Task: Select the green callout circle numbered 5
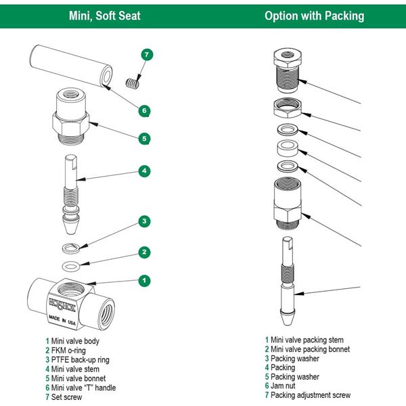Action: (x=143, y=139)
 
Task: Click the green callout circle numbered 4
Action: (x=143, y=171)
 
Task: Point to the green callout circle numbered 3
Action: (x=143, y=221)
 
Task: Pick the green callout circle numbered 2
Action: (x=143, y=252)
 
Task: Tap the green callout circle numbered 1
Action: (x=143, y=279)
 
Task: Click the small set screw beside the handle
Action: (x=132, y=83)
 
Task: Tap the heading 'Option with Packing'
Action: (x=314, y=16)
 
